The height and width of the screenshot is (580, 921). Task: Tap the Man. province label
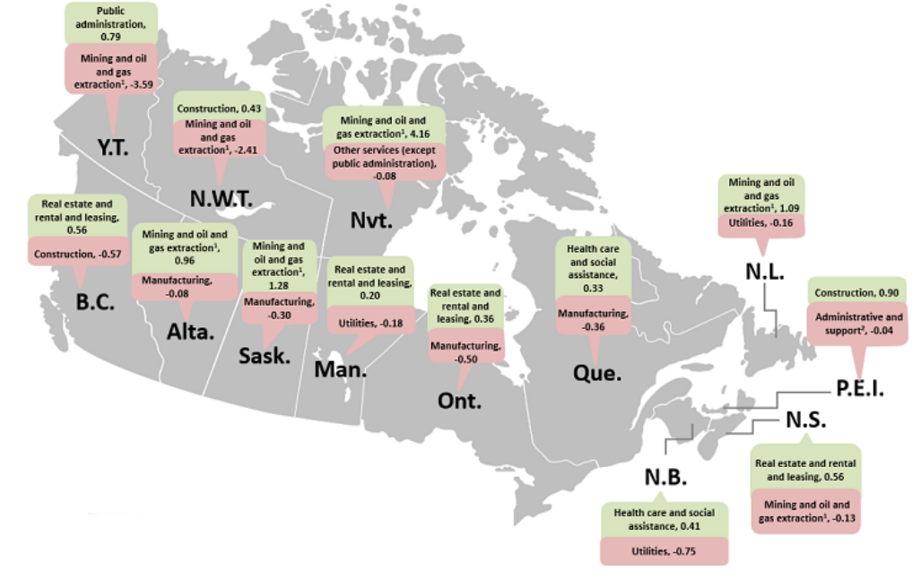(x=338, y=368)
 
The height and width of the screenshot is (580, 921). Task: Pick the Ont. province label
(x=459, y=400)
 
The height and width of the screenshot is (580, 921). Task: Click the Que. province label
(x=596, y=372)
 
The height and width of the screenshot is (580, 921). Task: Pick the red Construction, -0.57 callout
(x=79, y=254)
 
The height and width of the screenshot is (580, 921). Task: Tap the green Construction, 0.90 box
(x=857, y=292)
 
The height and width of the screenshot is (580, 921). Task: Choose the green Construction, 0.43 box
(x=220, y=108)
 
